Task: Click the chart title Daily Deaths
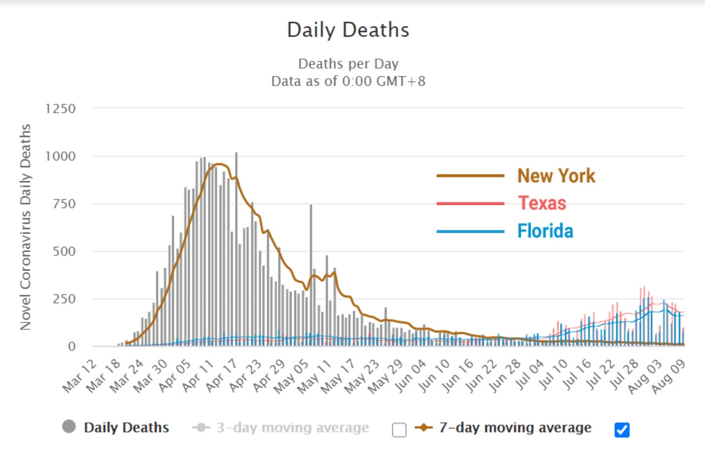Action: (x=348, y=30)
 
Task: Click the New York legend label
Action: (x=556, y=176)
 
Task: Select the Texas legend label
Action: (x=542, y=203)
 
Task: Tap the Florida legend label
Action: (x=545, y=231)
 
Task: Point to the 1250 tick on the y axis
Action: (x=61, y=109)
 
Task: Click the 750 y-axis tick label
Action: (x=64, y=204)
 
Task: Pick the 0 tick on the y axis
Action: (x=72, y=347)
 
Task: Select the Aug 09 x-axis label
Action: (x=669, y=376)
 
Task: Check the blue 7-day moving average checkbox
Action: (x=622, y=430)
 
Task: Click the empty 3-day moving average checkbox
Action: (x=399, y=430)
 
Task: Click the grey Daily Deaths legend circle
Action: (x=69, y=426)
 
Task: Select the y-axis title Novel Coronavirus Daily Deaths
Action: (x=25, y=227)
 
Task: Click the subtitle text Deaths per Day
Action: (x=348, y=64)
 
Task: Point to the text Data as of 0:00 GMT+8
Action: (x=348, y=81)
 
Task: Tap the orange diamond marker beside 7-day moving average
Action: (x=424, y=427)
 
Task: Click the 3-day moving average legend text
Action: (x=293, y=427)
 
